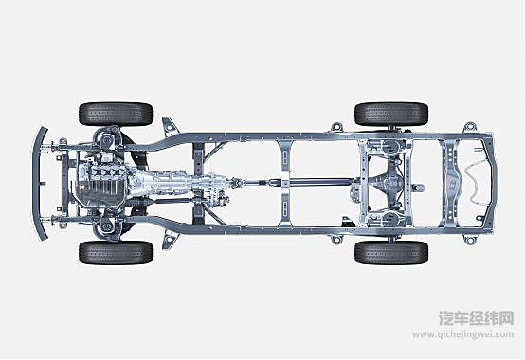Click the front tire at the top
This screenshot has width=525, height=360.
click(116, 114)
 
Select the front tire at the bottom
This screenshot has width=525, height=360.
click(116, 252)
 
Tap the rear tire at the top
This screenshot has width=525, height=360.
click(391, 114)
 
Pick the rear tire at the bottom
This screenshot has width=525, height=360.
click(391, 252)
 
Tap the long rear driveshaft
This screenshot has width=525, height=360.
click(301, 183)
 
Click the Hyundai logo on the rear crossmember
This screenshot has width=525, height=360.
click(452, 183)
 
